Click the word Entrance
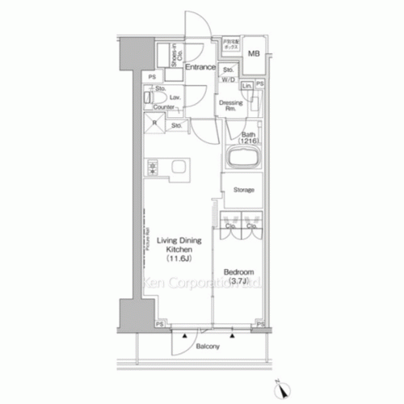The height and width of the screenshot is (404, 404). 200,67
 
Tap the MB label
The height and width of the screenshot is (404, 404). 254,54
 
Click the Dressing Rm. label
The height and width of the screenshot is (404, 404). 230,105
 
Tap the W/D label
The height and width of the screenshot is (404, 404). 230,79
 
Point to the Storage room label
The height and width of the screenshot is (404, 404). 244,190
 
